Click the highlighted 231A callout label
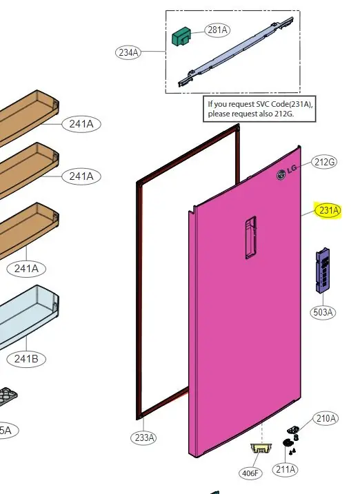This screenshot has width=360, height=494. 328,210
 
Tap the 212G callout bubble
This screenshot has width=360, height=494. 324,162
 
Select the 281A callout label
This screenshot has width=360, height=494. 217,30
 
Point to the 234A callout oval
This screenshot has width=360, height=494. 128,52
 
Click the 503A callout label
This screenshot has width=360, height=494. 323,312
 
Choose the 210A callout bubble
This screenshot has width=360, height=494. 326,418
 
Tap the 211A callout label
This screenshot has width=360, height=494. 286,469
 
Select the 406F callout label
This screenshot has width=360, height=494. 250,473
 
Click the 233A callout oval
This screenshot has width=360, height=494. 143,438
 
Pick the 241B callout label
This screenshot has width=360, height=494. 26,359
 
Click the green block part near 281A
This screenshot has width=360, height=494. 181,37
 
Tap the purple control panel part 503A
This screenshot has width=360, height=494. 323,270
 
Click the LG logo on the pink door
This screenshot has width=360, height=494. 286,172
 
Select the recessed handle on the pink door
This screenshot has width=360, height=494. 250,237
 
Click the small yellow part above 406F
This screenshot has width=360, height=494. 261,448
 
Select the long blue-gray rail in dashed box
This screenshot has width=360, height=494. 236,52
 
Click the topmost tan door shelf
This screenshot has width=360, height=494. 29,117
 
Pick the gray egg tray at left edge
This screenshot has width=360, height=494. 8,395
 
